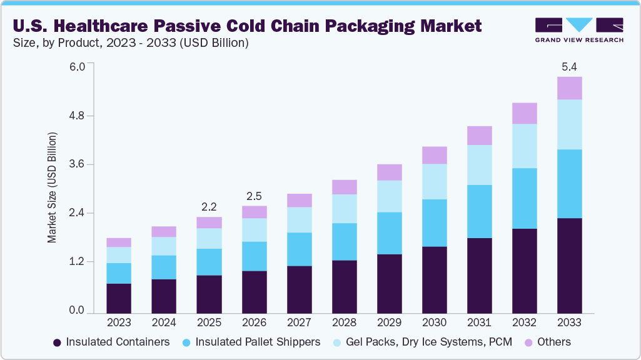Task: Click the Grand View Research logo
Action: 578,29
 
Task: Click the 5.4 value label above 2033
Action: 569,66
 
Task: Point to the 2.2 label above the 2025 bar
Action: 209,207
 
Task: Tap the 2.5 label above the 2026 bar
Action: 254,196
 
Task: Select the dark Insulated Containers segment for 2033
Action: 569,265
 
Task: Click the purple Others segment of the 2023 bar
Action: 119,242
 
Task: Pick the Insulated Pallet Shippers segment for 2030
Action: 434,223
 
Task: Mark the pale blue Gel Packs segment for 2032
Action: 524,146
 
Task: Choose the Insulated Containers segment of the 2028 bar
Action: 344,286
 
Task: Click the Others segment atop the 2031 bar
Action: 479,136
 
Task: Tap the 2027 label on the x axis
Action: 299,323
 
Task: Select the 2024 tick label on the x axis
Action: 164,323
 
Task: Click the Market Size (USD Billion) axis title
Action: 53,187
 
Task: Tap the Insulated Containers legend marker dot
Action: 58,342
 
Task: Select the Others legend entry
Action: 547,342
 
